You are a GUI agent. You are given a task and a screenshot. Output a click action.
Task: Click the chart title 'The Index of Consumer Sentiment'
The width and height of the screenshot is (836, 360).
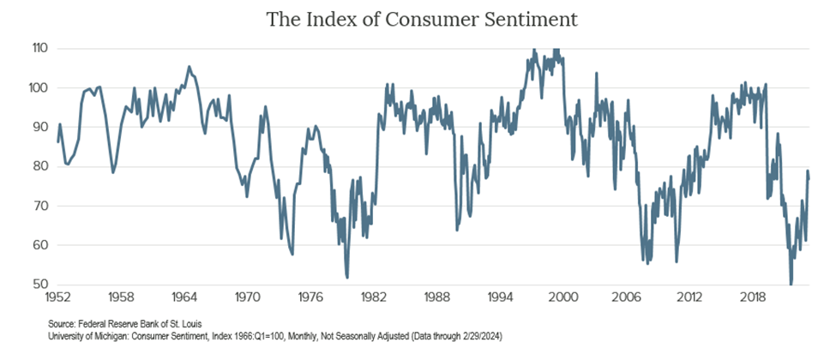(418, 19)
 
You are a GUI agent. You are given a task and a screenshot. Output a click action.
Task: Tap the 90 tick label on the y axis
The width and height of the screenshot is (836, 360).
(38, 127)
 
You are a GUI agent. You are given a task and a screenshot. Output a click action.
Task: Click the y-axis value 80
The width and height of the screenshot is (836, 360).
(38, 166)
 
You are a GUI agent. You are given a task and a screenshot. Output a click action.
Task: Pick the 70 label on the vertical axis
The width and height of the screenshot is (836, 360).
(38, 206)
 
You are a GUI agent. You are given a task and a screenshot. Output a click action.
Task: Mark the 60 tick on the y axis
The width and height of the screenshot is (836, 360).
(38, 245)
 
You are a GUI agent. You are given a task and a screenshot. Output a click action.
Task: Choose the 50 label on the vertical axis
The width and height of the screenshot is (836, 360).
(38, 285)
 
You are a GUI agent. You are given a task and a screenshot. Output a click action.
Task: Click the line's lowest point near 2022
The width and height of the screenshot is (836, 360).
(791, 284)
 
